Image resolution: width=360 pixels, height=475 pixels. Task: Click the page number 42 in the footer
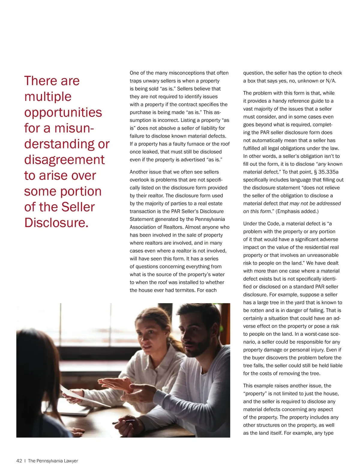(x=19, y=461)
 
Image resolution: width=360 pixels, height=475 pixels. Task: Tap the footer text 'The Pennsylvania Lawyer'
(x=53, y=461)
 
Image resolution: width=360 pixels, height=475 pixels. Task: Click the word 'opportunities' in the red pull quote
(x=63, y=112)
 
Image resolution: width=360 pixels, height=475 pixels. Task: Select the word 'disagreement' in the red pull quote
(x=64, y=159)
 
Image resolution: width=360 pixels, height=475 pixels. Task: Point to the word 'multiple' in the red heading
(x=48, y=97)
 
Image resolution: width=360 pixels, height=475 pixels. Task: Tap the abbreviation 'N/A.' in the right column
(x=331, y=81)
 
